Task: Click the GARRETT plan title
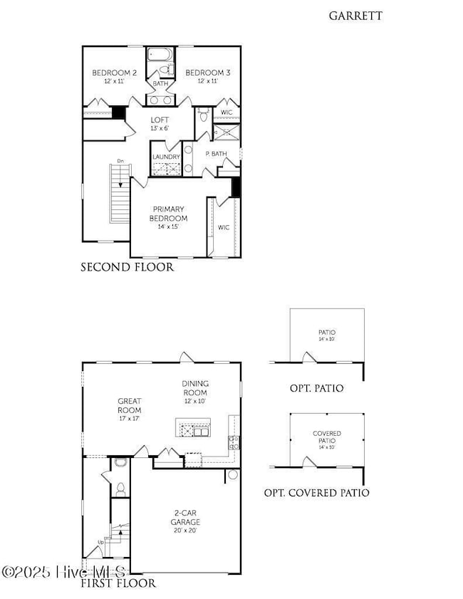(355, 15)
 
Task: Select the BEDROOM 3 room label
(207, 73)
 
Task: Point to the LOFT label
(159, 120)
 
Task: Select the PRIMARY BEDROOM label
(168, 214)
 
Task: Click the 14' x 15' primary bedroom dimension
(168, 226)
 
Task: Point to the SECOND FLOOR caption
(127, 268)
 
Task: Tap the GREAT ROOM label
(130, 405)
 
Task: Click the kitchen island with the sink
(192, 429)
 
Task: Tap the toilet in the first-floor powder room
(120, 489)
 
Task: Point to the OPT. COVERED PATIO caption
(316, 493)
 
